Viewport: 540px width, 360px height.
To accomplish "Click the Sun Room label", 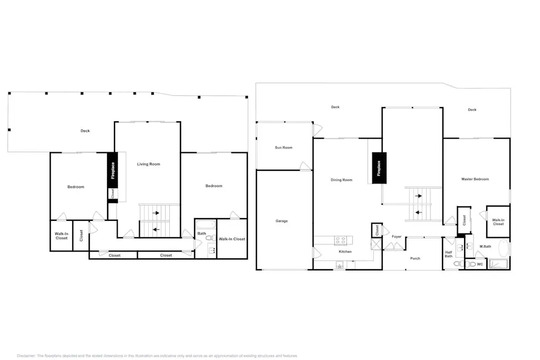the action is [283, 148].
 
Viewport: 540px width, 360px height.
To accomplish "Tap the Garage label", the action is [282, 221].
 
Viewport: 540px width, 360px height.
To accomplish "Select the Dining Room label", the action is [341, 180].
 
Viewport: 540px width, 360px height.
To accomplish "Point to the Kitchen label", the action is [345, 251].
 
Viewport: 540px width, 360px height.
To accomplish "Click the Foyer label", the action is [397, 237].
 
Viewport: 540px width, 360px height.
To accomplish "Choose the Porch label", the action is [415, 258].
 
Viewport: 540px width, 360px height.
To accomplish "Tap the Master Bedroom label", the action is [475, 179].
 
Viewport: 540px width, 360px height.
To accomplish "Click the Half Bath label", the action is [448, 255].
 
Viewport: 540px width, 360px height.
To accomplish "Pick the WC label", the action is [480, 264].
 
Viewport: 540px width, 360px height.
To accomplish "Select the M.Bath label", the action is [485, 247].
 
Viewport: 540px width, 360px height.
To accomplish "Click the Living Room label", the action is [148, 164].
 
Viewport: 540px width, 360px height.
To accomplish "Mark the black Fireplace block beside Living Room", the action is [113, 170].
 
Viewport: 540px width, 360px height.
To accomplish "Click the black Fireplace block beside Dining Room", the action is [379, 168].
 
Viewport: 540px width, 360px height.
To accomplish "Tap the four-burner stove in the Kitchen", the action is [341, 240].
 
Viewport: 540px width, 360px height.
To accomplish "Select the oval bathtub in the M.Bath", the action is [503, 248].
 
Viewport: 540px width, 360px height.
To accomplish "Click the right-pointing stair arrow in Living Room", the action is [156, 213].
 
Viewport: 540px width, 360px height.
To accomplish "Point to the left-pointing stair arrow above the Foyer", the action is [418, 212].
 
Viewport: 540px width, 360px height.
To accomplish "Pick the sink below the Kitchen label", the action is [340, 265].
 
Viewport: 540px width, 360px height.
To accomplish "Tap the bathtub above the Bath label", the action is [205, 225].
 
